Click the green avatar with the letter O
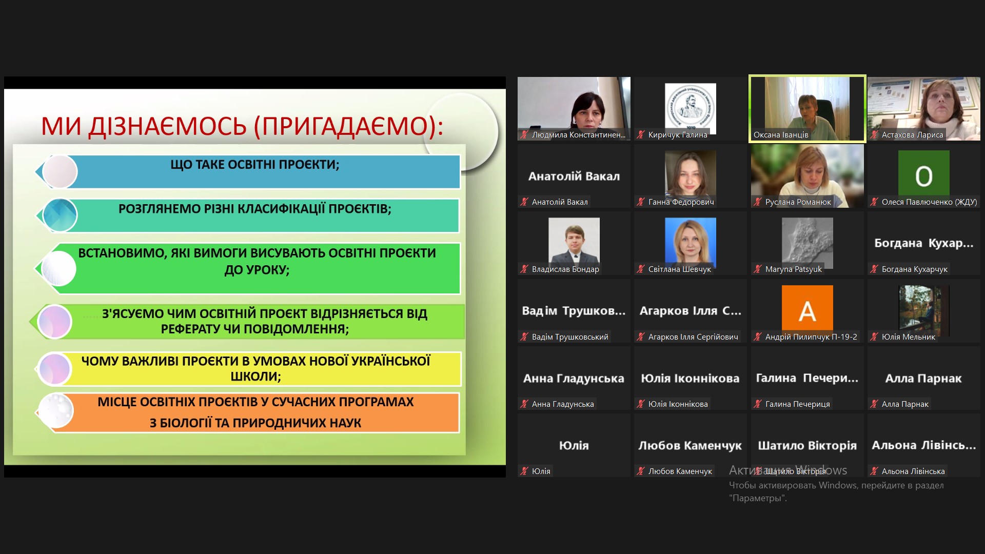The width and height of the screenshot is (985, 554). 923,176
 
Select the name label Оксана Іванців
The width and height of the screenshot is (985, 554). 780,135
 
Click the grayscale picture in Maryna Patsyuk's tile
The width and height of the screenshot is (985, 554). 807,241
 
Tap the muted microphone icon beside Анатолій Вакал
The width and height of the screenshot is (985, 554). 524,202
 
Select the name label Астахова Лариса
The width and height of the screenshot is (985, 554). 912,135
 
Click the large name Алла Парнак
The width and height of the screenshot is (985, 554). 923,379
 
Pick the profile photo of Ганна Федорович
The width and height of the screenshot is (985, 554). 690,174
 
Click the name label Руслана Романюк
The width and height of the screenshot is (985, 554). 798,202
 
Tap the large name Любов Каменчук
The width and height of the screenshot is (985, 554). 690,446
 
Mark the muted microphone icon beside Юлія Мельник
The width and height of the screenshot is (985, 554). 874,337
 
